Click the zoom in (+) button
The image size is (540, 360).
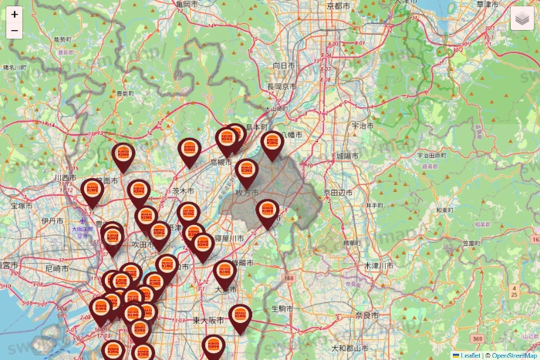[x=15, y=14]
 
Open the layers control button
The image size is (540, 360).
[x=522, y=18]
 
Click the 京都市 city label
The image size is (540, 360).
[x=339, y=5]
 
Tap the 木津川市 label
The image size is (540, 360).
[x=378, y=265]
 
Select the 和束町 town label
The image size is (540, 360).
[x=441, y=209]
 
